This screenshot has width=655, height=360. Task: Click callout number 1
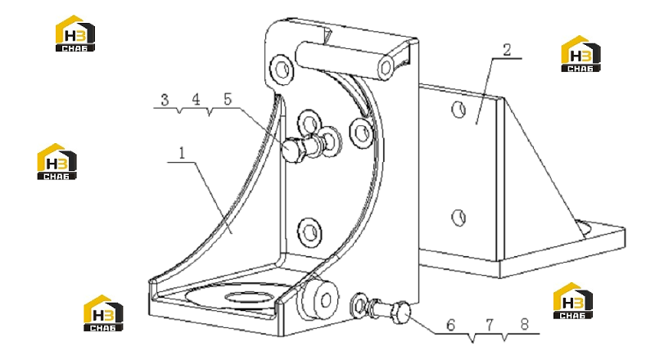click(182, 154)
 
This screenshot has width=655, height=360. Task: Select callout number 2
click(507, 50)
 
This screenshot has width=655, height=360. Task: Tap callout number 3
click(165, 101)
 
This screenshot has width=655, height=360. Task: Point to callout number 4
click(196, 99)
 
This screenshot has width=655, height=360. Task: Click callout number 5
click(228, 99)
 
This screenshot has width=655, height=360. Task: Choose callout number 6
click(450, 325)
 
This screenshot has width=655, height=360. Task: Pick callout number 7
click(490, 325)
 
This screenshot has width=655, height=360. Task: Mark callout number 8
click(525, 324)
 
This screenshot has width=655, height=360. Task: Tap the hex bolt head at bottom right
click(400, 312)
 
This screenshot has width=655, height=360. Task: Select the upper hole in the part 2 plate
click(458, 110)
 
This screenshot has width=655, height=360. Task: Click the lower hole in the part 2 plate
click(458, 218)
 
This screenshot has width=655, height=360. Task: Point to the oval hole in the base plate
click(249, 298)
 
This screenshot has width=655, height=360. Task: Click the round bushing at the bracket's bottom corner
click(318, 299)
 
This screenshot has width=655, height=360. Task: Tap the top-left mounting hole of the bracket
click(281, 68)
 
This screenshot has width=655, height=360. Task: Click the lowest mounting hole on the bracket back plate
click(309, 232)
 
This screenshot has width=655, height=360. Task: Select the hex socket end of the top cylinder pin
click(386, 67)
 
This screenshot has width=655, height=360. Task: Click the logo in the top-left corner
click(75, 34)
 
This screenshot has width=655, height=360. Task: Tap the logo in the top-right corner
click(580, 54)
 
